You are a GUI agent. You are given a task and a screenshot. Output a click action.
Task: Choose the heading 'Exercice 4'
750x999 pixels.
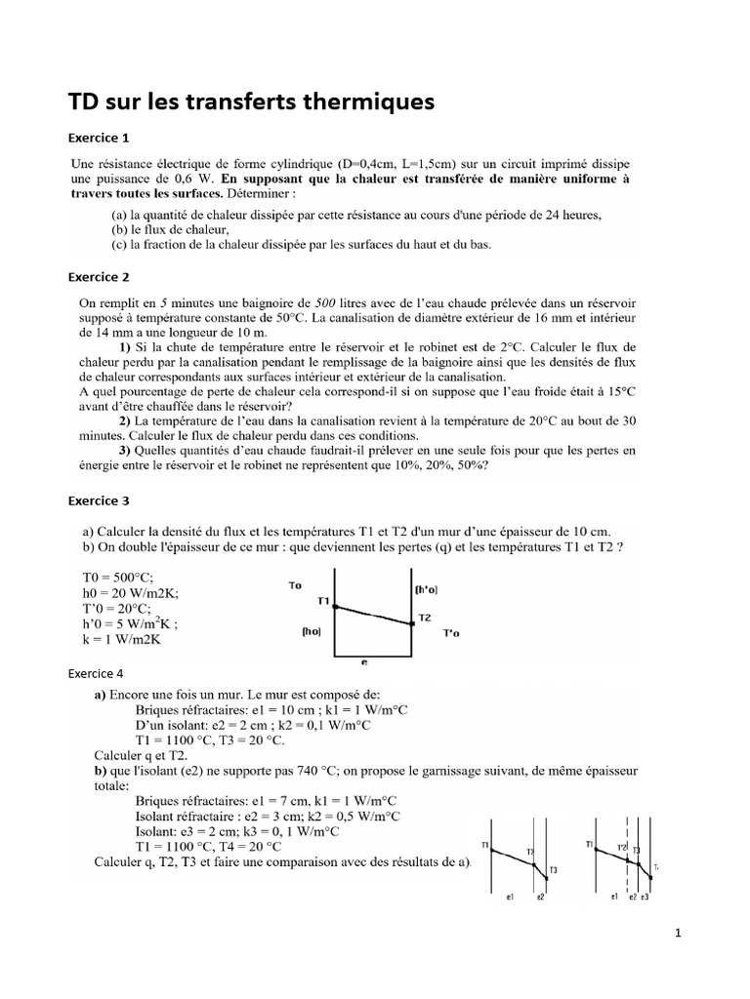[x=95, y=673]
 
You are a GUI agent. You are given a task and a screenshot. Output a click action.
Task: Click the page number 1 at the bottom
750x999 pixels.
[x=678, y=933]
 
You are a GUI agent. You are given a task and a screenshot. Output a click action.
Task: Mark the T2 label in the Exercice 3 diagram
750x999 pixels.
[x=425, y=618]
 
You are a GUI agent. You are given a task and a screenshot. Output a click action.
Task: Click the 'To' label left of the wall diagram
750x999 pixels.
[x=296, y=585]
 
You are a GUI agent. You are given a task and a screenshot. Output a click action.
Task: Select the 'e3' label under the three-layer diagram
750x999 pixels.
[x=646, y=896]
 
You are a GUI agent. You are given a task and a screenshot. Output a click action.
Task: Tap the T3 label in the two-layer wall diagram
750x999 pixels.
[x=554, y=870]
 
